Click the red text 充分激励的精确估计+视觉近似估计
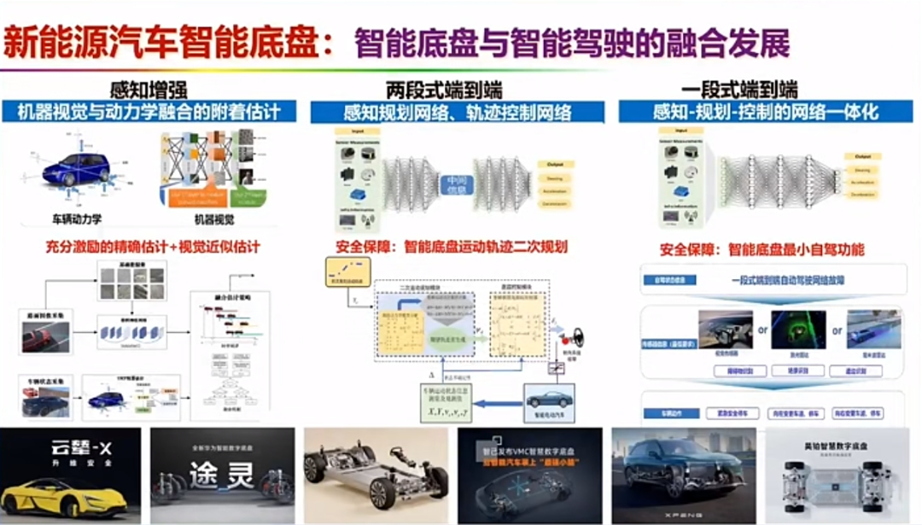click(152, 248)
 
